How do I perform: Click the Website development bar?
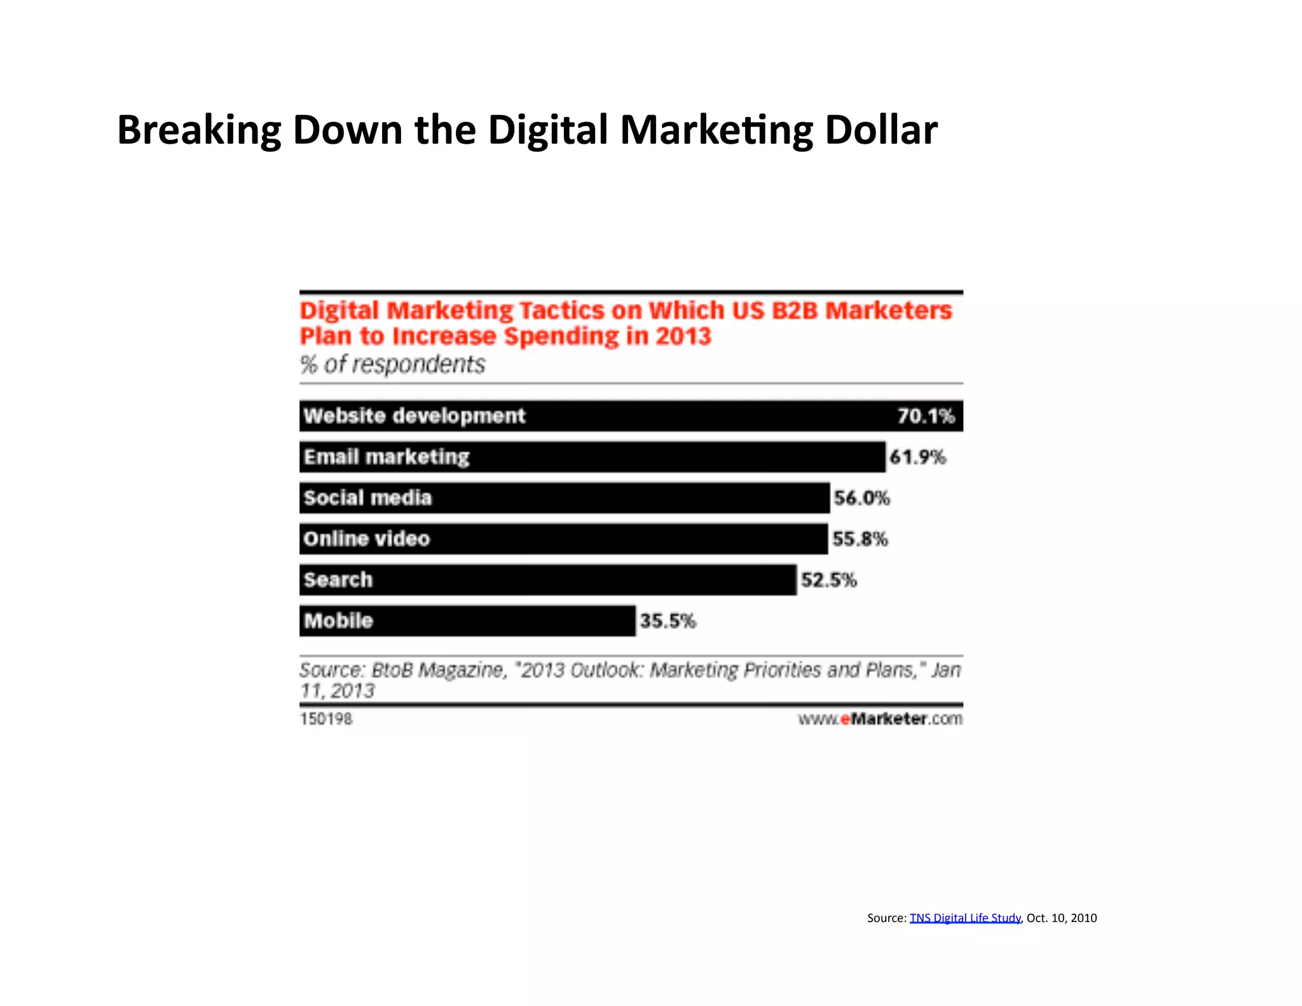click(x=631, y=416)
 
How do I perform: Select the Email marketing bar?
click(x=592, y=457)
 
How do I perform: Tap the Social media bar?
click(x=564, y=498)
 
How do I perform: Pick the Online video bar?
click(x=563, y=539)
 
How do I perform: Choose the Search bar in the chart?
click(x=547, y=580)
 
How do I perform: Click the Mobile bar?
click(x=467, y=621)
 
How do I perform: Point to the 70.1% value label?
click(x=926, y=416)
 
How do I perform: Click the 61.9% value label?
click(x=917, y=457)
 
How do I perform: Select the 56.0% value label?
click(x=861, y=498)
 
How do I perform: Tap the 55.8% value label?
click(x=860, y=539)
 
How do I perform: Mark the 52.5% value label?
click(x=828, y=580)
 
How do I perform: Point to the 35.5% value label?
click(x=668, y=621)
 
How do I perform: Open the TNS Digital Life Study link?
click(x=964, y=918)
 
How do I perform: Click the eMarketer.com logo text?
click(x=880, y=719)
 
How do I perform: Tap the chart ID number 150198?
click(x=325, y=719)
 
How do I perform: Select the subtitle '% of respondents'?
click(x=392, y=364)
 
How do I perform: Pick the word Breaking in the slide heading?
click(x=199, y=131)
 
